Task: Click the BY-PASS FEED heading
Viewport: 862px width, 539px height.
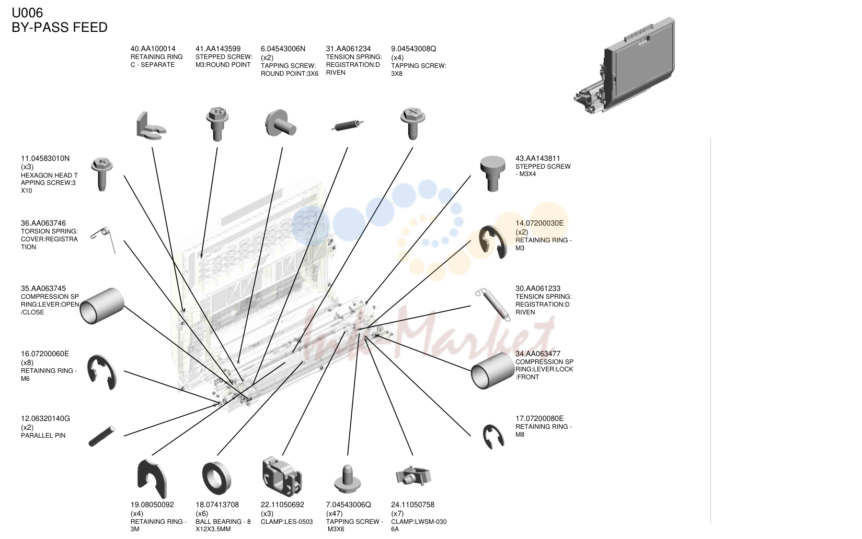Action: [x=60, y=28]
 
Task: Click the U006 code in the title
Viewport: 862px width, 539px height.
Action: [x=27, y=13]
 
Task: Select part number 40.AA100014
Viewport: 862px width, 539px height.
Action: [x=153, y=49]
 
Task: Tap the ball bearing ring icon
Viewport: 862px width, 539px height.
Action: [x=216, y=478]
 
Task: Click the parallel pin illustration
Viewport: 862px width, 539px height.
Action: [x=101, y=436]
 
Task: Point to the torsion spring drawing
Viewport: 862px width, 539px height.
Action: [x=104, y=240]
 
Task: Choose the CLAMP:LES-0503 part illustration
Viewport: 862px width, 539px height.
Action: [x=282, y=476]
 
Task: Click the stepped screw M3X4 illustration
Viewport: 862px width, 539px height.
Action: [x=492, y=173]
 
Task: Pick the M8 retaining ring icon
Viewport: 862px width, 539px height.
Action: [x=493, y=436]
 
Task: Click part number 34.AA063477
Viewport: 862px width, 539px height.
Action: [x=538, y=354]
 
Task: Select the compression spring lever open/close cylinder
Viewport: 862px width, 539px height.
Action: [x=101, y=306]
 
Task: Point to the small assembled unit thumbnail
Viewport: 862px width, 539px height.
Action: [x=624, y=65]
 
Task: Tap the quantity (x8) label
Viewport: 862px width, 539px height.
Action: [x=27, y=362]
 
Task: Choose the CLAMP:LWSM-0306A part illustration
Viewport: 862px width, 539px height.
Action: [x=413, y=476]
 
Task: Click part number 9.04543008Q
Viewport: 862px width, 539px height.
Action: [x=413, y=49]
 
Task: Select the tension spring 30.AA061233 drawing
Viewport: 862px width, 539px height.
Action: [x=493, y=304]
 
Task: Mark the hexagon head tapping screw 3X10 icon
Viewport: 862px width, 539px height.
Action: [x=102, y=174]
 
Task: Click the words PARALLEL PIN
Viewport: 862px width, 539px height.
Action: [x=43, y=436]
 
